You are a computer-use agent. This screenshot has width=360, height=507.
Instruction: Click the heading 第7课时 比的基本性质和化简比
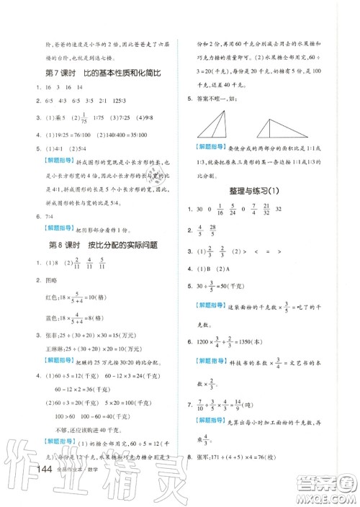click(x=100, y=73)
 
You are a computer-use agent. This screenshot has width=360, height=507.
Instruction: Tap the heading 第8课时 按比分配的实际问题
click(x=101, y=246)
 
